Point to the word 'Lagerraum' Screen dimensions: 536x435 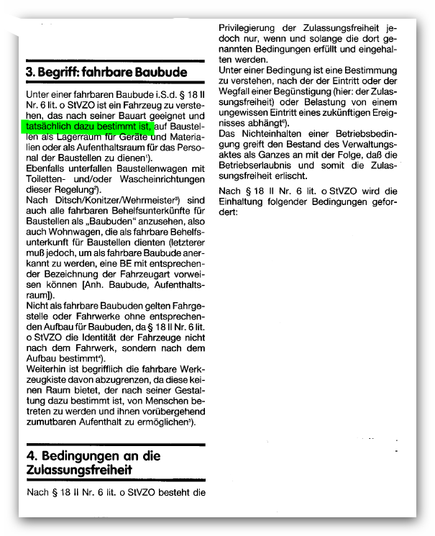click(77, 136)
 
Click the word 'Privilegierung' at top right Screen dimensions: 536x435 click(254, 29)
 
